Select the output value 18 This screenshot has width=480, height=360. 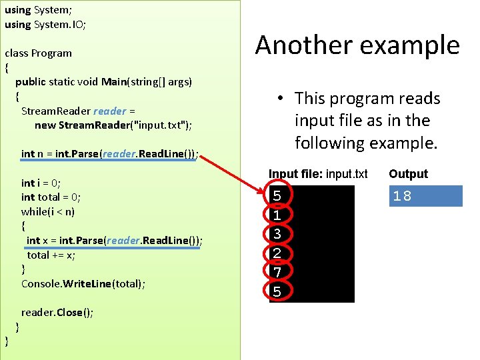tap(402, 196)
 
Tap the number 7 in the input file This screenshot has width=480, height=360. tap(277, 272)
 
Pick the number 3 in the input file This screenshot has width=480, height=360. tap(277, 234)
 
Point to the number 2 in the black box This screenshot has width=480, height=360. tap(277, 253)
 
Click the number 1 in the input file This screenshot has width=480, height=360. tap(277, 215)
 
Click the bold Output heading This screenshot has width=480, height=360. tap(408, 174)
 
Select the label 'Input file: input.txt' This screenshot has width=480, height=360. tap(318, 174)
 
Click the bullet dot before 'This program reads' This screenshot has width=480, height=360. tap(282, 99)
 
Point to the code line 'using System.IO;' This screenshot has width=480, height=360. tap(45, 24)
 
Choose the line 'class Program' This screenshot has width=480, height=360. tap(38, 53)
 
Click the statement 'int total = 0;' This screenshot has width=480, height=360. tap(51, 197)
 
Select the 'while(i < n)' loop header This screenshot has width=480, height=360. tap(48, 211)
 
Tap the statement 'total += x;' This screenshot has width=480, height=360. tap(52, 255)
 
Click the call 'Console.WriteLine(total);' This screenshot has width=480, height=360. tap(83, 284)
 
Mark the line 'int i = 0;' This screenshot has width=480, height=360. tap(41, 183)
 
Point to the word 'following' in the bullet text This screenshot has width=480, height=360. tap(329, 143)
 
